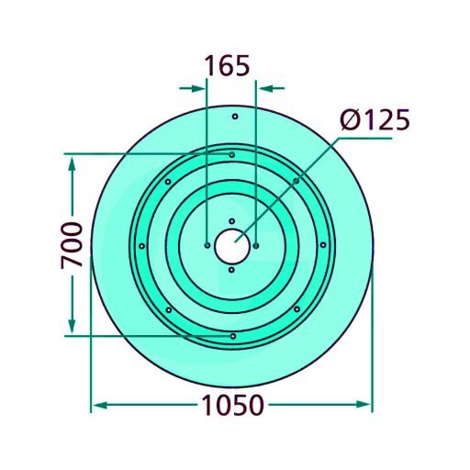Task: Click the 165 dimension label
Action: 227,66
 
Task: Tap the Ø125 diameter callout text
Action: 375,119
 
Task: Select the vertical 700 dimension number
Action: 72,245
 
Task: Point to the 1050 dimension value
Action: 232,405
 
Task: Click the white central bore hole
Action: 231,246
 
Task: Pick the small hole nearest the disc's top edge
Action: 235,117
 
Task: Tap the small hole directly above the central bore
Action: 232,221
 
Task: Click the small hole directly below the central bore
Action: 231,270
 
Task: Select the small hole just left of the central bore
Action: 207,245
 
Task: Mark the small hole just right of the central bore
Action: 256,245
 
